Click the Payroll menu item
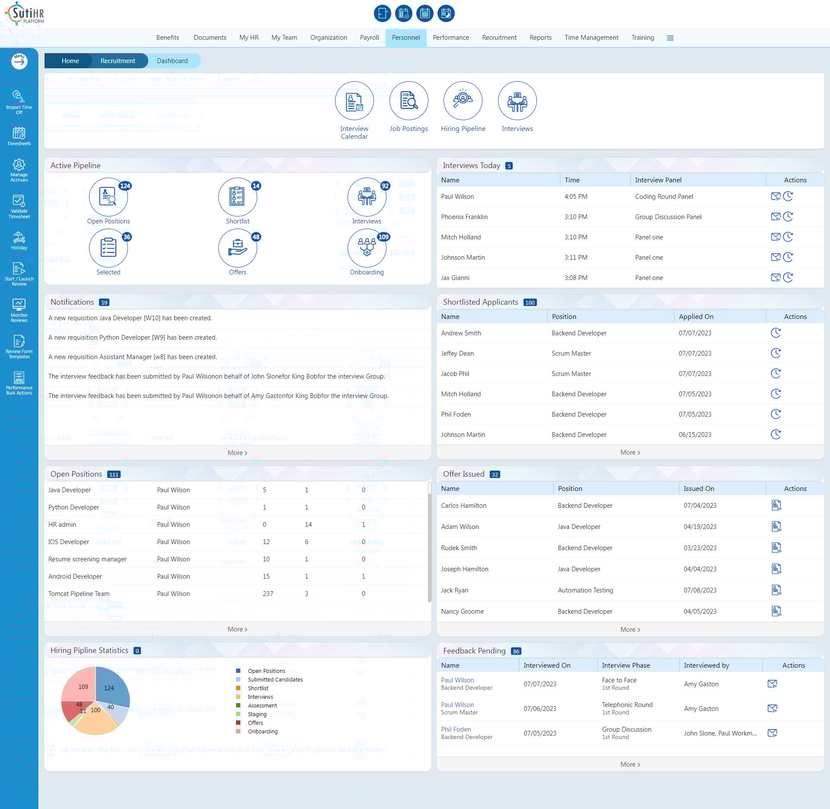pos(369,38)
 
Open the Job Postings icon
pos(409,101)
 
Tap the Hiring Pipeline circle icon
pos(463,101)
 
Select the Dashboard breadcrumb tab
pos(172,61)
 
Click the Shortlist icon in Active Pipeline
pos(237,197)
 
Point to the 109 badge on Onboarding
pos(383,237)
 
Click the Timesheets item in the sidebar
pos(19,136)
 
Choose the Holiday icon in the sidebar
pos(19,241)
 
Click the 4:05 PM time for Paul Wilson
pos(575,197)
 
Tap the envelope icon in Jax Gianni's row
pos(776,277)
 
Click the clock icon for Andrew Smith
pos(776,333)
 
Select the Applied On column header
pos(696,316)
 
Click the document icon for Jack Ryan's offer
pos(776,590)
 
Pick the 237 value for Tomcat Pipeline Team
pos(268,594)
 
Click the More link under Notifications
pos(237,453)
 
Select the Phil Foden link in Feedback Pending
pos(456,729)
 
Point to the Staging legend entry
pos(257,714)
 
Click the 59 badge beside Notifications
pos(104,303)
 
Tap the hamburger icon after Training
pos(670,38)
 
